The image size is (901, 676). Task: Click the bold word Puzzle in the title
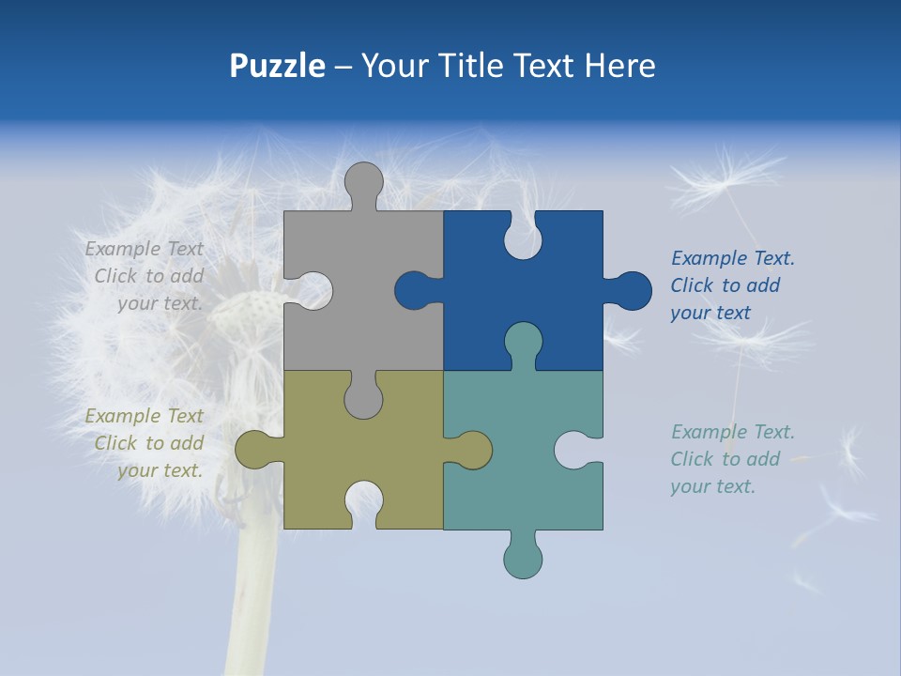[277, 66]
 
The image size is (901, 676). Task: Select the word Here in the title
[619, 66]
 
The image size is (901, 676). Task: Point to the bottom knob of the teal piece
[523, 556]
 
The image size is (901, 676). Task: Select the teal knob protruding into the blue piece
[523, 343]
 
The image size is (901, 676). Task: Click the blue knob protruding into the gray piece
[416, 290]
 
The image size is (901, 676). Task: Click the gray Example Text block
[145, 276]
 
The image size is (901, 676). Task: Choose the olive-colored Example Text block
[145, 443]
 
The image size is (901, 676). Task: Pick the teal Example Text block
[732, 459]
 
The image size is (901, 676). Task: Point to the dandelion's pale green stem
[252, 601]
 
